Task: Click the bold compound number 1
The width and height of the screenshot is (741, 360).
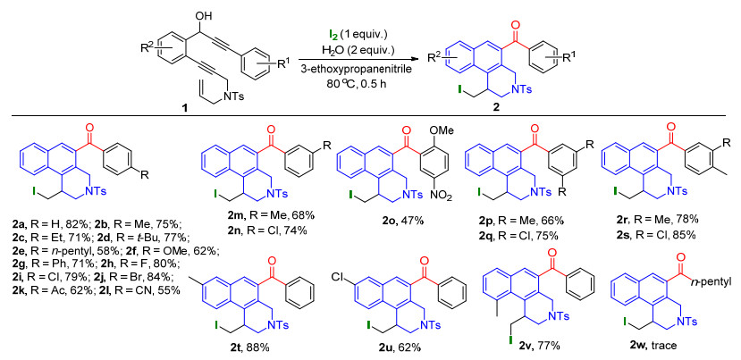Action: pyautogui.click(x=185, y=109)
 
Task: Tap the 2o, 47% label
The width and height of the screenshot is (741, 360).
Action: pyautogui.click(x=394, y=219)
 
